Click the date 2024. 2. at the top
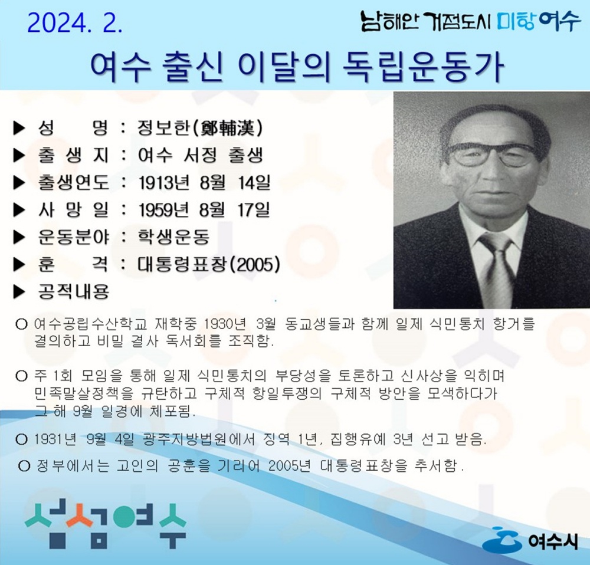pyautogui.click(x=75, y=24)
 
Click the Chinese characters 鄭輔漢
pyautogui.click(x=228, y=128)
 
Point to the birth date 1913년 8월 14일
pyautogui.click(x=204, y=183)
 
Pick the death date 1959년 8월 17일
pyautogui.click(x=204, y=210)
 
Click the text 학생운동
pyautogui.click(x=173, y=237)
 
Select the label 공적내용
pyautogui.click(x=73, y=291)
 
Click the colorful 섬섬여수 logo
pyautogui.click(x=106, y=523)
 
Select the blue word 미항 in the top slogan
pyautogui.click(x=516, y=21)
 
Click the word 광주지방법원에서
pyautogui.click(x=199, y=439)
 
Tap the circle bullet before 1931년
pyautogui.click(x=21, y=439)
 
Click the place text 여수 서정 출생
pyautogui.click(x=200, y=155)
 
